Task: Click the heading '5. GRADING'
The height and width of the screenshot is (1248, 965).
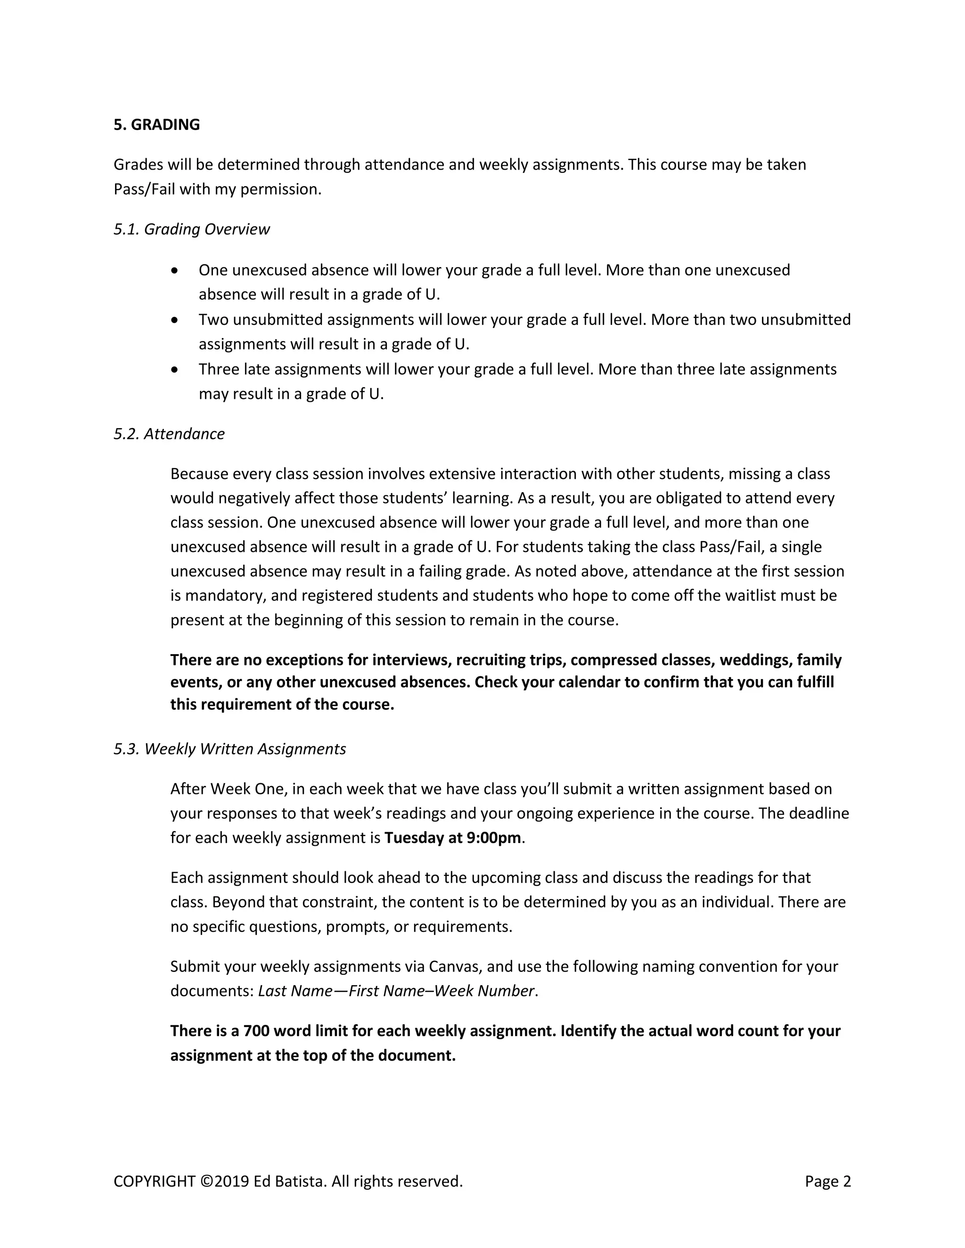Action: [156, 125]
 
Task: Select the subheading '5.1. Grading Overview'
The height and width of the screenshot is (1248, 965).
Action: [191, 229]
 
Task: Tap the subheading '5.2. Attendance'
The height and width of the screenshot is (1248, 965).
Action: [169, 434]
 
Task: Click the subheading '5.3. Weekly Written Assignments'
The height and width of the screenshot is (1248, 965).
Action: [230, 749]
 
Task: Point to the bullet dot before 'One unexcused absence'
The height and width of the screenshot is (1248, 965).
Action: [175, 270]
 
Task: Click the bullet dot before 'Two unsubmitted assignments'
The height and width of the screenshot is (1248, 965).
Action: [175, 320]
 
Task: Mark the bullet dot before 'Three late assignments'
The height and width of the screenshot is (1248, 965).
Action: [175, 370]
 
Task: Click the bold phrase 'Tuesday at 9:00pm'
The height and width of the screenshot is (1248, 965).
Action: [453, 838]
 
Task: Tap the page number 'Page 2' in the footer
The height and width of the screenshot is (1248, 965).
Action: [828, 1181]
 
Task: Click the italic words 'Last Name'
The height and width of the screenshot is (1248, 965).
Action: [295, 991]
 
